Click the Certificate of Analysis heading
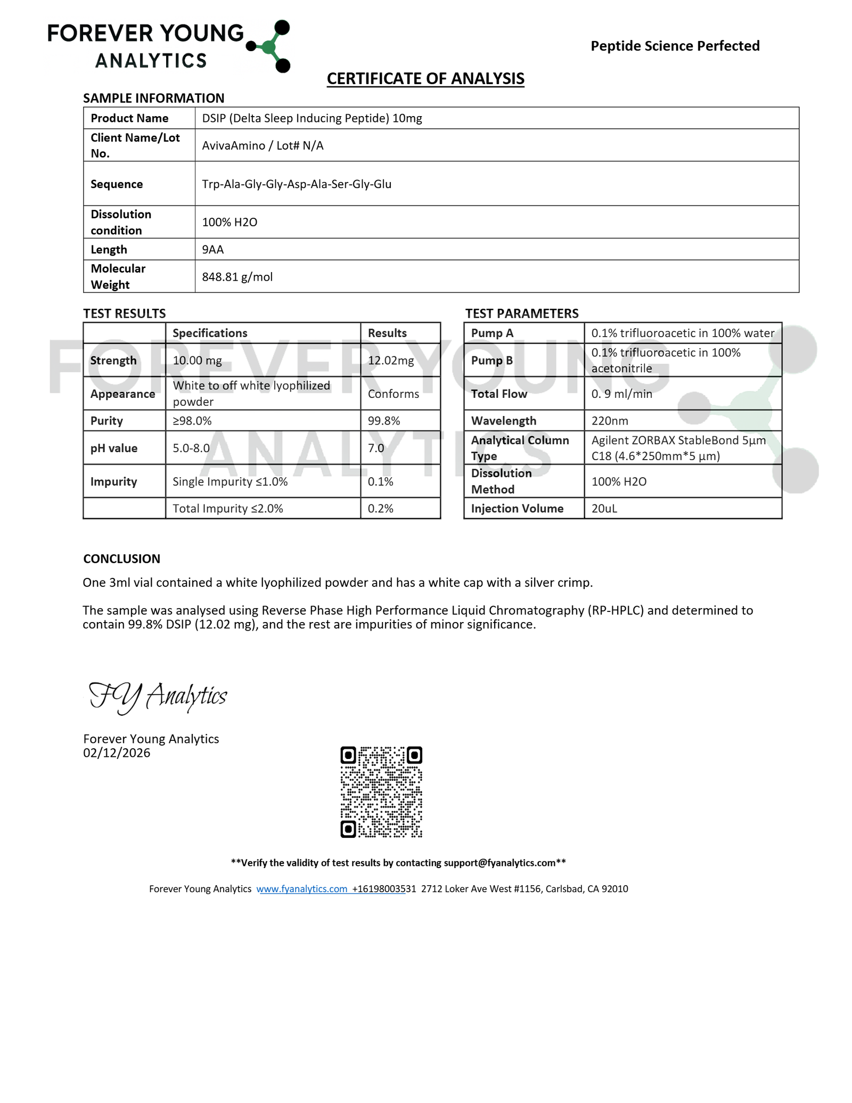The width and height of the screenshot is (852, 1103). click(x=425, y=79)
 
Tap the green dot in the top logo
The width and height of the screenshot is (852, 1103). click(x=269, y=47)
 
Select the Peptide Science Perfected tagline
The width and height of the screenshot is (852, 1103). click(x=675, y=46)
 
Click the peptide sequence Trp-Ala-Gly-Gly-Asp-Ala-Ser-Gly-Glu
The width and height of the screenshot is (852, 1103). click(x=297, y=184)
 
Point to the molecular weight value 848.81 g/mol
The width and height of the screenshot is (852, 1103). click(x=237, y=277)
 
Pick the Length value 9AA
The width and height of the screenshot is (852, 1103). click(x=213, y=250)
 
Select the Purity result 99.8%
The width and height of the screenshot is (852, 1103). click(x=384, y=421)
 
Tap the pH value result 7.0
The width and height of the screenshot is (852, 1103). click(x=376, y=448)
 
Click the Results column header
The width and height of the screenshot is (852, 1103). click(x=387, y=333)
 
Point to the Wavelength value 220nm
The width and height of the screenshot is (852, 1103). click(x=610, y=421)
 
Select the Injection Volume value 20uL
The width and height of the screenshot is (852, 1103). click(x=604, y=509)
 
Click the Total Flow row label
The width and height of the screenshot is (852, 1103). click(x=499, y=394)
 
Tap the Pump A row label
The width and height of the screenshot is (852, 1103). click(x=492, y=333)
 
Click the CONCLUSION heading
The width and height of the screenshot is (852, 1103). click(x=121, y=559)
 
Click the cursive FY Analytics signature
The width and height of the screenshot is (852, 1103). click(x=158, y=697)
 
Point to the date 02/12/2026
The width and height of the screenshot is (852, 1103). click(x=117, y=753)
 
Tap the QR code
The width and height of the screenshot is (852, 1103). click(x=381, y=792)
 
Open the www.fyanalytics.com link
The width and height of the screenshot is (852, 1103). click(x=302, y=889)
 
